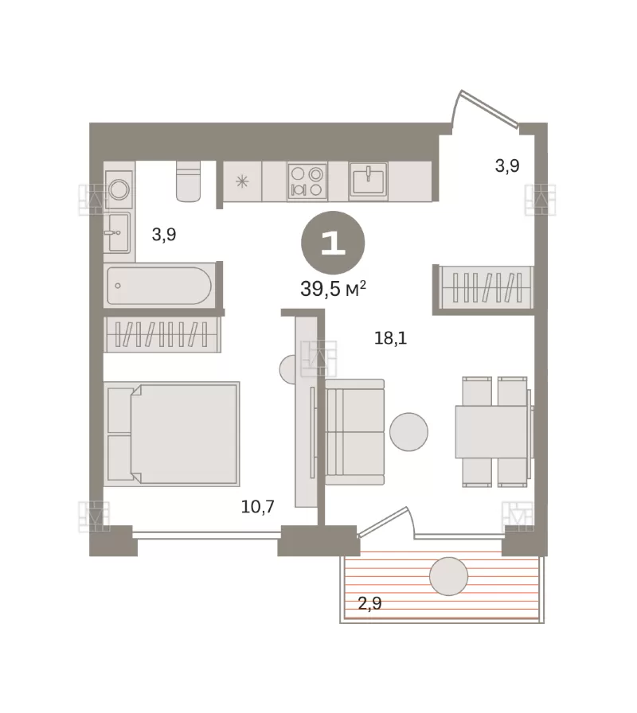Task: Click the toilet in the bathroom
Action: pyautogui.click(x=189, y=181)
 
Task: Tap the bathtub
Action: pyautogui.click(x=159, y=286)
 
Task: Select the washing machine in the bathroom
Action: pyautogui.click(x=119, y=189)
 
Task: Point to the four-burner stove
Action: pyautogui.click(x=307, y=181)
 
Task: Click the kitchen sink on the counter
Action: pyautogui.click(x=368, y=181)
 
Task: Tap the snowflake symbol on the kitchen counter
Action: pyautogui.click(x=242, y=182)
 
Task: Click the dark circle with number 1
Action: pyautogui.click(x=333, y=244)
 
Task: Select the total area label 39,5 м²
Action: pyautogui.click(x=334, y=289)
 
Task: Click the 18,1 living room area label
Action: pyautogui.click(x=390, y=338)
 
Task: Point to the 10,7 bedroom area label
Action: pyautogui.click(x=257, y=506)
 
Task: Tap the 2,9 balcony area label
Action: pyautogui.click(x=369, y=603)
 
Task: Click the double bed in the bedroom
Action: pyautogui.click(x=171, y=434)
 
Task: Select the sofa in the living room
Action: pyautogui.click(x=355, y=432)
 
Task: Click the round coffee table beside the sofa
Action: pyautogui.click(x=409, y=431)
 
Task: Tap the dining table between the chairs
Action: pyautogui.click(x=491, y=431)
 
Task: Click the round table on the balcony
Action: pyautogui.click(x=448, y=576)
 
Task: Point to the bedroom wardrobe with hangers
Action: pyautogui.click(x=162, y=335)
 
